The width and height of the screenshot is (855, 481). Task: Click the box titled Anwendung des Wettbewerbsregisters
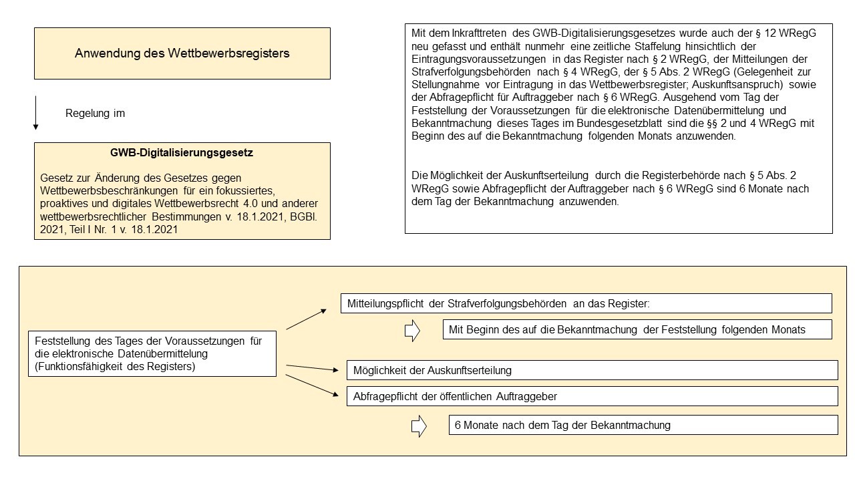[x=182, y=53]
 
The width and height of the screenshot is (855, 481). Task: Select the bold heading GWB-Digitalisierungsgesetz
[x=182, y=152]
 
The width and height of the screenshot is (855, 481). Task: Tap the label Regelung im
[x=95, y=114]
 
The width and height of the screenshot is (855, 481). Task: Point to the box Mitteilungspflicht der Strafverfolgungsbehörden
[x=586, y=304]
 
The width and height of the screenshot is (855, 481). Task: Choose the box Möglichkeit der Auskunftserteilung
[x=592, y=370]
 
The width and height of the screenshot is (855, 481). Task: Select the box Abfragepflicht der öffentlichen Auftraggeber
[x=592, y=396]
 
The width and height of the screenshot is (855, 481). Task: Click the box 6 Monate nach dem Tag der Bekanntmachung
[x=643, y=425]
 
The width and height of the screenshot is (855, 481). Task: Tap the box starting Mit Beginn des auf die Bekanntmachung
[x=637, y=329]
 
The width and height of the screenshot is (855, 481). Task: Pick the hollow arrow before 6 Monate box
[x=419, y=426]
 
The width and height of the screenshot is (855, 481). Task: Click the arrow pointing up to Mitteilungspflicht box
[x=307, y=319]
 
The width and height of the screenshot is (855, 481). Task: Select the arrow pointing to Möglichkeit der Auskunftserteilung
[x=312, y=367]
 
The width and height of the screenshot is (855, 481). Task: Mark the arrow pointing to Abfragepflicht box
[x=312, y=385]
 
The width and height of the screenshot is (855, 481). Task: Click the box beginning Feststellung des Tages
[x=152, y=353]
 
